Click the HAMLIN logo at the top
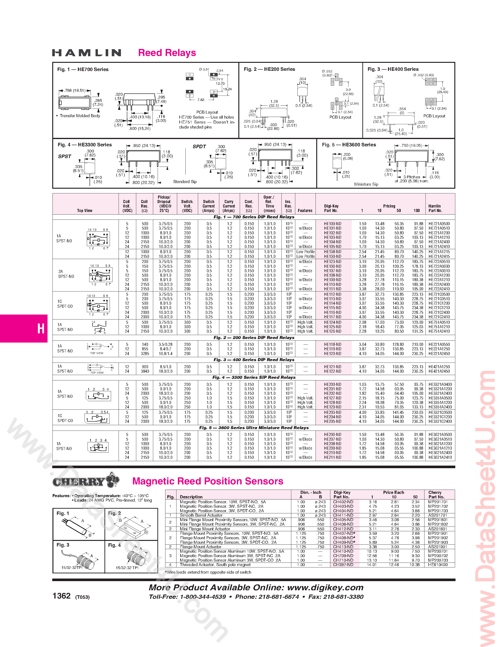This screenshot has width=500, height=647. click(87, 53)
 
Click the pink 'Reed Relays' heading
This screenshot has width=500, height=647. click(167, 53)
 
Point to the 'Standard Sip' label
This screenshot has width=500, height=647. click(185, 182)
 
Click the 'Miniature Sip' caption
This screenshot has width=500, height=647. click(366, 184)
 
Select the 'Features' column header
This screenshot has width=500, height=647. click(305, 211)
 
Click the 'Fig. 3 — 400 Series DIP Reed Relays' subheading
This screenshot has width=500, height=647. click(254, 360)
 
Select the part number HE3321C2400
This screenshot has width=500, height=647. click(440, 422)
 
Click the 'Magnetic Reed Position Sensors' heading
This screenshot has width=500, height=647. click(208, 481)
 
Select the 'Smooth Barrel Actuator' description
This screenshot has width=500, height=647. click(201, 515)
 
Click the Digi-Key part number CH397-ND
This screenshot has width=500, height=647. click(343, 565)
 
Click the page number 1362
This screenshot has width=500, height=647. click(62, 596)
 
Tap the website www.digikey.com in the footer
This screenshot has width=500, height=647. click(325, 587)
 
